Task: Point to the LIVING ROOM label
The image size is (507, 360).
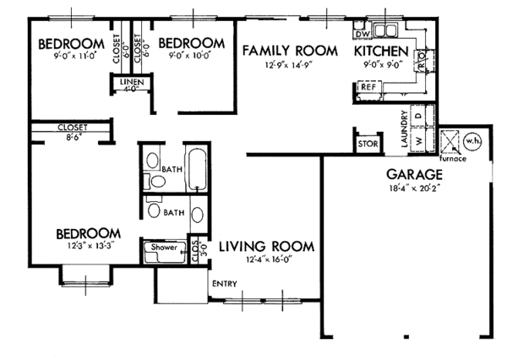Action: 266,247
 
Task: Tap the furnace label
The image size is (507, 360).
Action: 453,158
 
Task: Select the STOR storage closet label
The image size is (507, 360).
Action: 367,145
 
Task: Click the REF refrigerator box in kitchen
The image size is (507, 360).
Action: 368,87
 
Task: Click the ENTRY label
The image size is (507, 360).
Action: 224,283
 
